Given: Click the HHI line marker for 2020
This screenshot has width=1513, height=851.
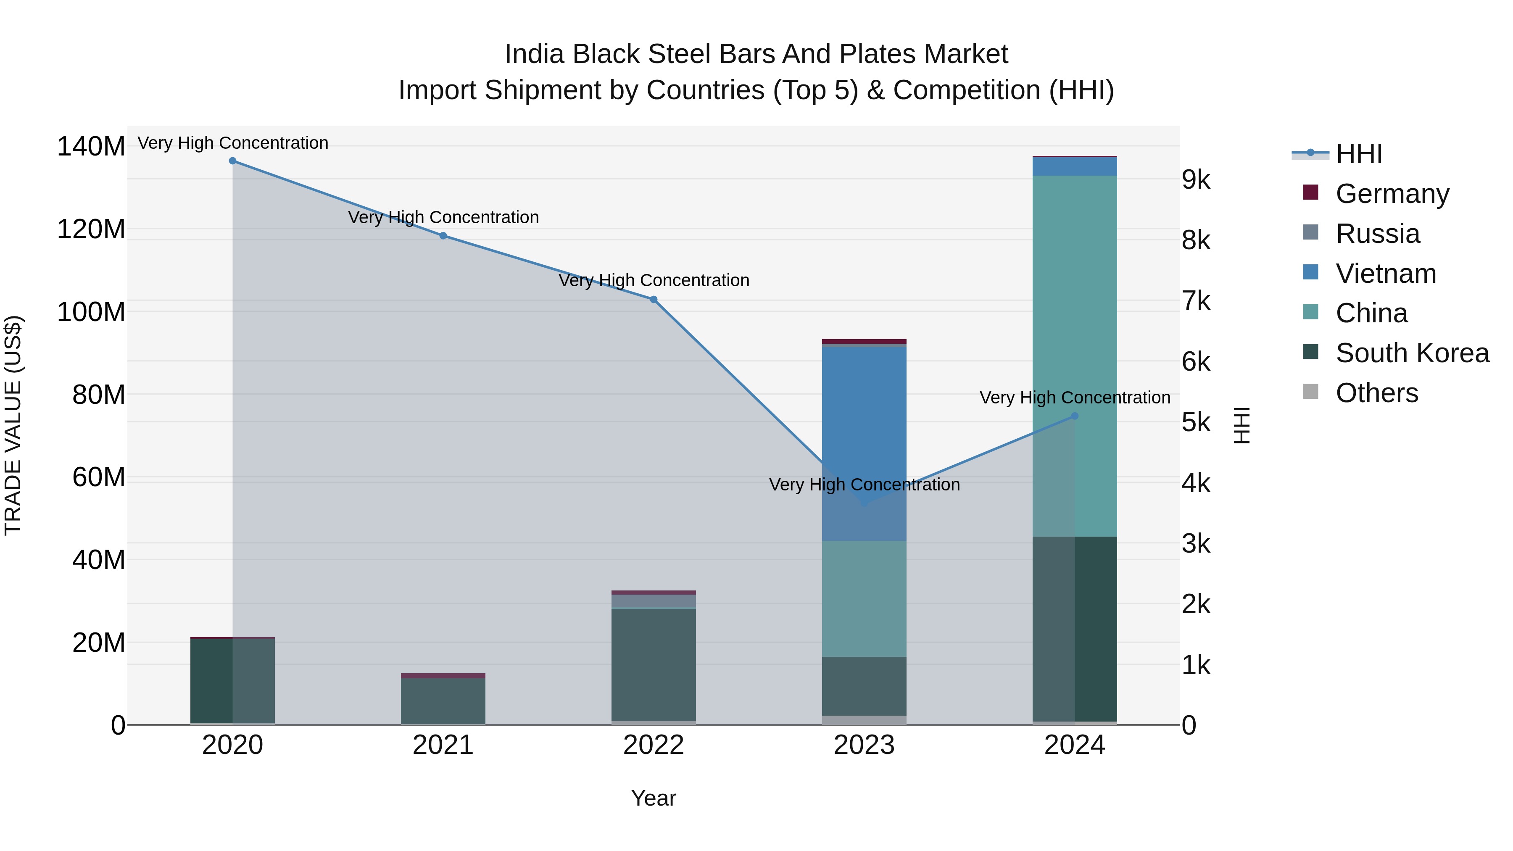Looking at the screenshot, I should pyautogui.click(x=232, y=161).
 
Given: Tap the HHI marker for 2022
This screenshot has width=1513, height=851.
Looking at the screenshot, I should pyautogui.click(x=653, y=300).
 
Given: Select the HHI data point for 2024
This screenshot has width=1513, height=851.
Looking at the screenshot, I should pyautogui.click(x=1074, y=416).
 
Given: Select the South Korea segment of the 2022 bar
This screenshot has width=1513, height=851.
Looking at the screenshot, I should pyautogui.click(x=653, y=664).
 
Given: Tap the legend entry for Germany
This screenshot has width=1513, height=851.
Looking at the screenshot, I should pyautogui.click(x=1392, y=194).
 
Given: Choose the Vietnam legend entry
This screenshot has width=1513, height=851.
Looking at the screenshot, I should pyautogui.click(x=1386, y=274).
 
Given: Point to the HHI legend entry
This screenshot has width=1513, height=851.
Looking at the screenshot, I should pyautogui.click(x=1358, y=154).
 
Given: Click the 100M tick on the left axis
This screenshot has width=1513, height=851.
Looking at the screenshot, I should pyautogui.click(x=91, y=312).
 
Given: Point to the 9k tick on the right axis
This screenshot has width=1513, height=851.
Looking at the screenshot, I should pyautogui.click(x=1196, y=180).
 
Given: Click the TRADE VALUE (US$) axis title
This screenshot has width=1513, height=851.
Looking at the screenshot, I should pyautogui.click(x=13, y=425).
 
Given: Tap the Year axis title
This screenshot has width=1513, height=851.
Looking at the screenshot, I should pyautogui.click(x=653, y=798).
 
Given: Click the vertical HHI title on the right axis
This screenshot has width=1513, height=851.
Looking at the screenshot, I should pyautogui.click(x=1241, y=425).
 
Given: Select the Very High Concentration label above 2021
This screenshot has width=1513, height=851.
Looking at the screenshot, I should pyautogui.click(x=443, y=217).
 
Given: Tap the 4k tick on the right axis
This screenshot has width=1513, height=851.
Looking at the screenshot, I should pyautogui.click(x=1196, y=483).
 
